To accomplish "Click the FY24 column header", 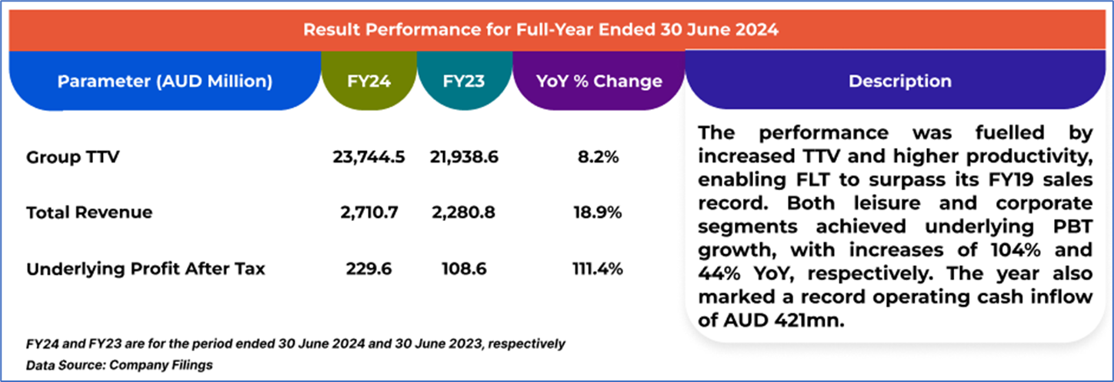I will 369,81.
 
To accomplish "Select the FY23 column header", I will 464,81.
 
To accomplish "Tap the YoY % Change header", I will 599,81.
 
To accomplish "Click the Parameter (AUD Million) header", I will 165,81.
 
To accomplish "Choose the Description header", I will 899,81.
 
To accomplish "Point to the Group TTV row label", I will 73,157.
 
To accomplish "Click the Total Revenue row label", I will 89,212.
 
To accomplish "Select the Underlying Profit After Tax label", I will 145,269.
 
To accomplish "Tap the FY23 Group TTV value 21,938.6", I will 463,157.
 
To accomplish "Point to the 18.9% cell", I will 599,212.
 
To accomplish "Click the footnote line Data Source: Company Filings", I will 119,365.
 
